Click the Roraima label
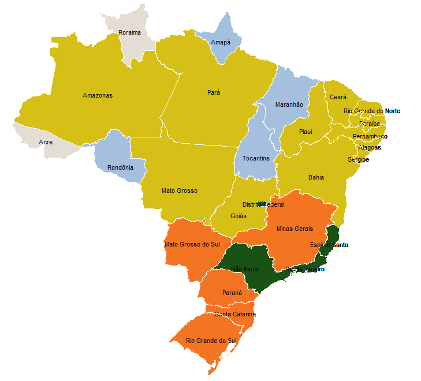129,32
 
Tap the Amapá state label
221,43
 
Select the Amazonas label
98,95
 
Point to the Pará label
214,92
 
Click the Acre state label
46,142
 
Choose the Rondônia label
120,168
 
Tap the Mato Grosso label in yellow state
180,190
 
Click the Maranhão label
289,104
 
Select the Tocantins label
256,158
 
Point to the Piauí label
305,132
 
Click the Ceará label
338,98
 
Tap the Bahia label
316,177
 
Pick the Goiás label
239,216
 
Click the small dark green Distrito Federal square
261,204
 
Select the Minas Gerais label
295,229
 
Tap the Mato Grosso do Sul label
192,244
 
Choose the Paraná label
232,293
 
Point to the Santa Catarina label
235,314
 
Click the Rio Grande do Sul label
211,341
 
